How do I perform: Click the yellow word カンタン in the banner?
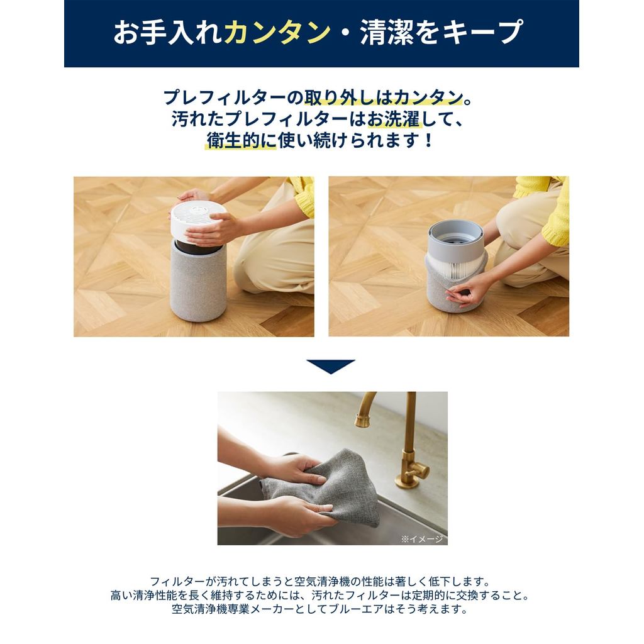tap(277, 33)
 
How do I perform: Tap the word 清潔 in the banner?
tap(387, 33)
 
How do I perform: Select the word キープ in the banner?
tap(481, 33)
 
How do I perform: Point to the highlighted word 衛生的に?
tap(241, 141)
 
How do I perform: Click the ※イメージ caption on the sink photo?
tap(422, 539)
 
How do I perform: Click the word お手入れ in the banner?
tap(169, 33)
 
